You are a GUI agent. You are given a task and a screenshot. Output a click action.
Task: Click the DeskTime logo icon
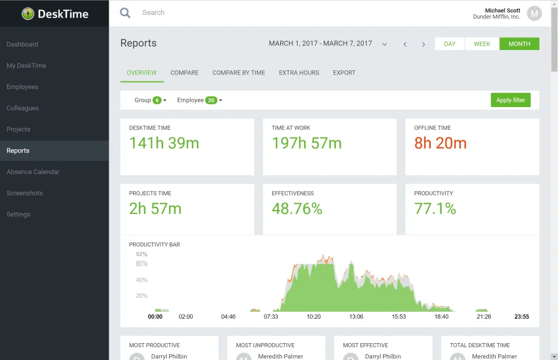[28, 13]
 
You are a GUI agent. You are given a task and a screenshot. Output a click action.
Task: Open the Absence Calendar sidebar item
[33, 172]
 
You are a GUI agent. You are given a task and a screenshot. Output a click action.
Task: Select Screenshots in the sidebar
[24, 193]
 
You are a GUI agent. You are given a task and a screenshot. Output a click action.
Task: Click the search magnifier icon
[125, 13]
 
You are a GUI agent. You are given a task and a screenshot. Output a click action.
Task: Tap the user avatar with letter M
[534, 13]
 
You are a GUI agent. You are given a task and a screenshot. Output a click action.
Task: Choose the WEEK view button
[482, 44]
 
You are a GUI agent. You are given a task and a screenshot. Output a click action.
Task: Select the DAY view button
[450, 44]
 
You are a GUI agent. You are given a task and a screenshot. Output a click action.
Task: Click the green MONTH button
[519, 44]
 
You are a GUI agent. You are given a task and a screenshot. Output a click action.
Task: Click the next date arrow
[423, 44]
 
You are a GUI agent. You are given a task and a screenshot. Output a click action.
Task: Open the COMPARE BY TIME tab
[238, 73]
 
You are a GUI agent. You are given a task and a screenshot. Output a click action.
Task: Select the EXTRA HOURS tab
[299, 73]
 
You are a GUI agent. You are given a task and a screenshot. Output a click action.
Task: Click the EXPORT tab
[344, 73]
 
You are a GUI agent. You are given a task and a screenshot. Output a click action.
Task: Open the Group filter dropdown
[150, 100]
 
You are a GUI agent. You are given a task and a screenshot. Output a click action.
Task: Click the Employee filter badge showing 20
[211, 100]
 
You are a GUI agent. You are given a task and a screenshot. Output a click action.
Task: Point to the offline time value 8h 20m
[440, 143]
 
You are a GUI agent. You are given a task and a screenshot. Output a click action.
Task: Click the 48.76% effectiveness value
[296, 209]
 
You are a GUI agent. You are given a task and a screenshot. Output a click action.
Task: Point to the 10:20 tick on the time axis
[313, 317]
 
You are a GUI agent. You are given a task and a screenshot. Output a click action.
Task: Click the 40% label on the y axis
[141, 280]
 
